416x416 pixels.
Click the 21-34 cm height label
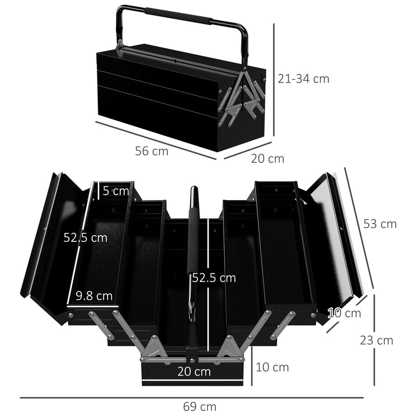pyautogui.click(x=303, y=79)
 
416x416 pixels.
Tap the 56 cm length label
pyautogui.click(x=152, y=151)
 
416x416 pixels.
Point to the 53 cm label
pyautogui.click(x=380, y=224)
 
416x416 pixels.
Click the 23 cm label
pyautogui.click(x=376, y=341)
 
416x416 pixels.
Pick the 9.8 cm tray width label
pyautogui.click(x=94, y=296)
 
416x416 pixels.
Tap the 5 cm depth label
pyautogui.click(x=115, y=191)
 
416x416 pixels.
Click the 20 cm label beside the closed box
pyautogui.click(x=267, y=159)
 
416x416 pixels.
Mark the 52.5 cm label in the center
pyautogui.click(x=214, y=278)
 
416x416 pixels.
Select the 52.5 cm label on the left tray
pyautogui.click(x=85, y=238)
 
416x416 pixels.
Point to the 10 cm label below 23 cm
pyautogui.click(x=272, y=367)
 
